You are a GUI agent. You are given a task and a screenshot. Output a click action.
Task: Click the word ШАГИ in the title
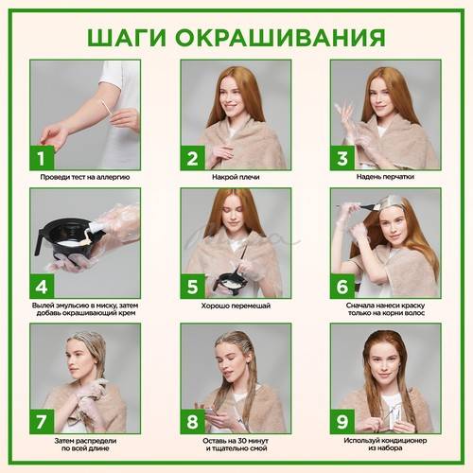tap(127, 38)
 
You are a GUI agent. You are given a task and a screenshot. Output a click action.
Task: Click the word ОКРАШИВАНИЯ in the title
tap(280, 38)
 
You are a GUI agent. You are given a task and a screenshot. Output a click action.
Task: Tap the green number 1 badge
tap(42, 158)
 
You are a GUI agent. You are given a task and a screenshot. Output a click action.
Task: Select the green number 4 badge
tap(42, 287)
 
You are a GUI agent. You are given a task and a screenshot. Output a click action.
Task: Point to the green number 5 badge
tap(192, 287)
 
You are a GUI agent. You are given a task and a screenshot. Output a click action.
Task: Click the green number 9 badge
tap(342, 422)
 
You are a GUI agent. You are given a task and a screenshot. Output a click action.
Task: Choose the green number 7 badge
tap(42, 422)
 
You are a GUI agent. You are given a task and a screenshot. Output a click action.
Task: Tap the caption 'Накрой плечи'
tap(236, 177)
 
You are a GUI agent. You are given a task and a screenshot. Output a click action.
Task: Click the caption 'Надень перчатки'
tap(385, 177)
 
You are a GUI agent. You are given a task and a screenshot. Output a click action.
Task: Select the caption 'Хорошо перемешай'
tap(236, 306)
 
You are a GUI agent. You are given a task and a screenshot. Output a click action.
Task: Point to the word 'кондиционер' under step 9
tap(404, 441)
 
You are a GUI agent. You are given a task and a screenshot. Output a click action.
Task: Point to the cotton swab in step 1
tap(105, 107)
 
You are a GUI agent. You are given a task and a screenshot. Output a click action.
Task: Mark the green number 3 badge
tap(342, 158)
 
